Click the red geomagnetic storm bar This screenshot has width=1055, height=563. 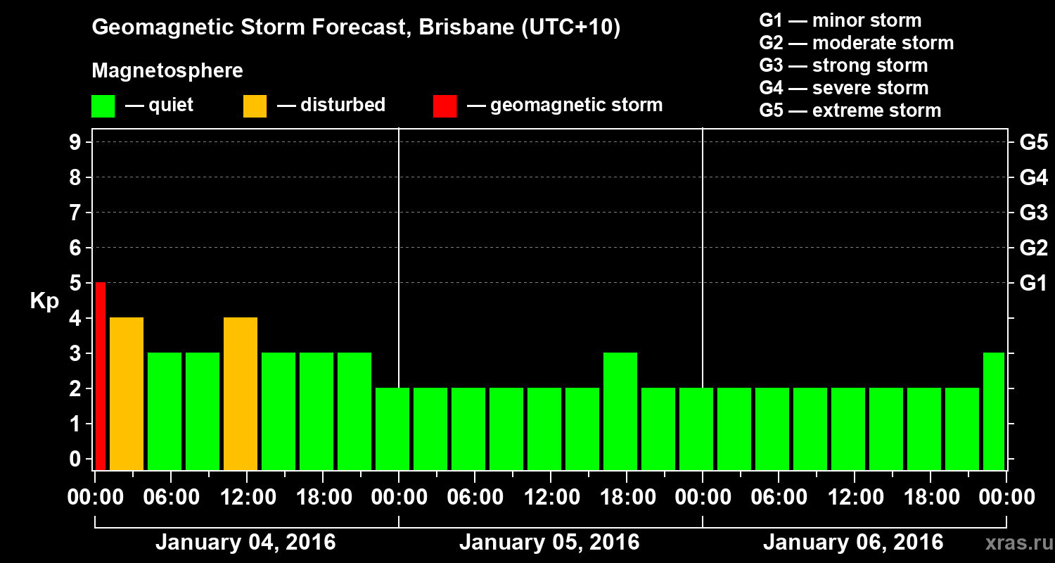101,376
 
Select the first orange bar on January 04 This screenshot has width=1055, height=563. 127,393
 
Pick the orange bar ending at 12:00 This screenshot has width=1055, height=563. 241,393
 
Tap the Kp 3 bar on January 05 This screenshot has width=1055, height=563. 620,411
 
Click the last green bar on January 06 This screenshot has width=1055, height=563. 993,411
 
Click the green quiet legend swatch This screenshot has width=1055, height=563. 103,106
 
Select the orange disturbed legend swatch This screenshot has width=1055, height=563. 255,106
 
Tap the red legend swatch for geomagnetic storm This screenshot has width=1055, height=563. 445,106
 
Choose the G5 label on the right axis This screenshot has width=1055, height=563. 1033,142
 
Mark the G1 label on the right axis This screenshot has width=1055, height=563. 1033,284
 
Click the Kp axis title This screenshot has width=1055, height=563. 44,301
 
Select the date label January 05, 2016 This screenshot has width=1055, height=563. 549,543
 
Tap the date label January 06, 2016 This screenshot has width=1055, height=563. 853,543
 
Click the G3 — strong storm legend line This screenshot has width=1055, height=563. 843,65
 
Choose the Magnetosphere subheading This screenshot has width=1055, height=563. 167,71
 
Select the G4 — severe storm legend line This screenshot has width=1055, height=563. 844,88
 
